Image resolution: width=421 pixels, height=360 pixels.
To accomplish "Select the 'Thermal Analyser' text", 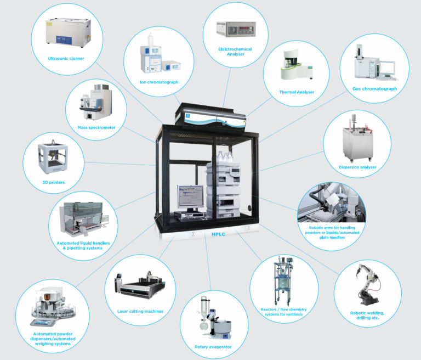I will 297,92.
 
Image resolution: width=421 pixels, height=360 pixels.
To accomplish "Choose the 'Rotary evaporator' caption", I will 213,346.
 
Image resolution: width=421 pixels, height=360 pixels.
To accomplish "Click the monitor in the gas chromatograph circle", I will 388,68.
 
